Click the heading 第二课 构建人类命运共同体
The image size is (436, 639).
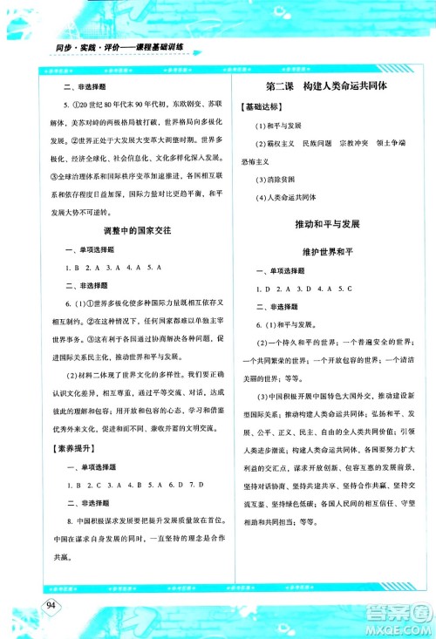pyautogui.click(x=325, y=87)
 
